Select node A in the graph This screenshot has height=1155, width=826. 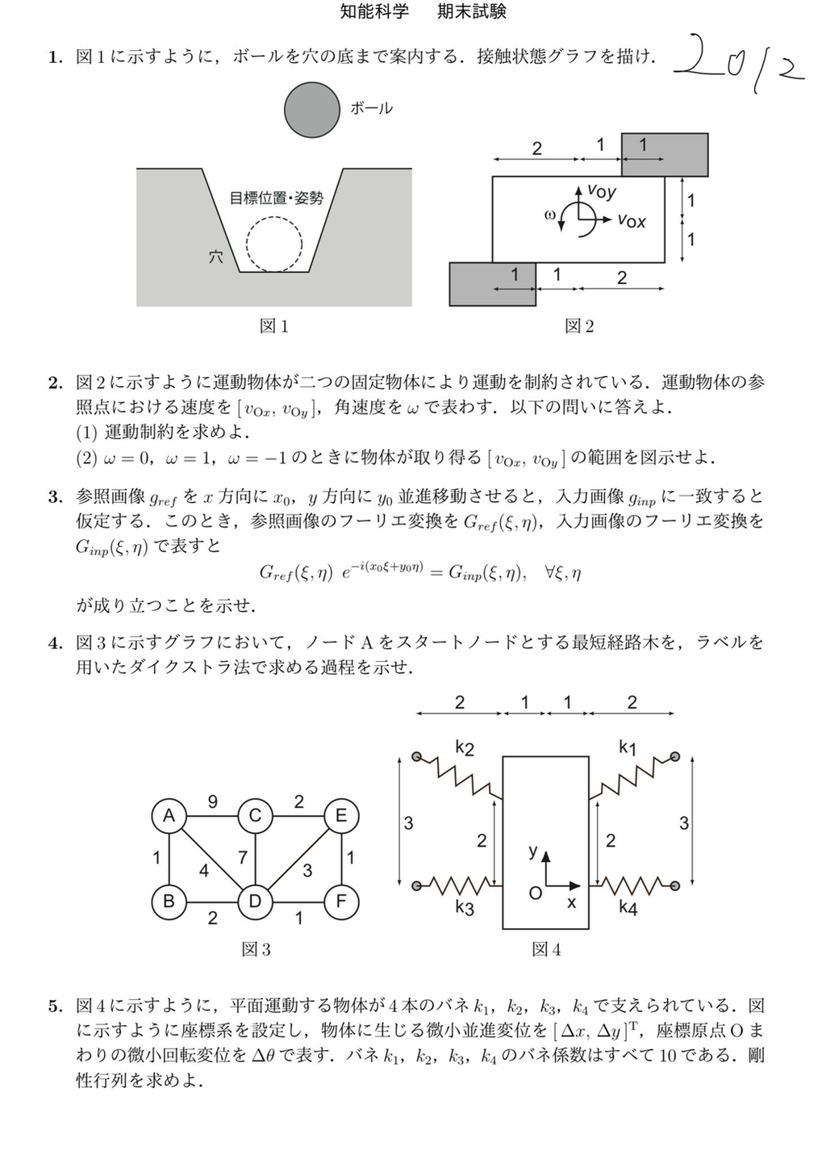[169, 816]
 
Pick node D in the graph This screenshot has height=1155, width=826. [255, 901]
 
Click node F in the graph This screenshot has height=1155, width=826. [340, 901]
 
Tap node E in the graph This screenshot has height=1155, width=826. [340, 816]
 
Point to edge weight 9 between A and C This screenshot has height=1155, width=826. [212, 801]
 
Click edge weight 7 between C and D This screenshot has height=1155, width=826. [242, 856]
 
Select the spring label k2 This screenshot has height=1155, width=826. [465, 747]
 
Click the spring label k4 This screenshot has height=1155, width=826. [628, 908]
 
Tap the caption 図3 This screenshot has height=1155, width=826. [257, 949]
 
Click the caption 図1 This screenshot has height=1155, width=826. [273, 325]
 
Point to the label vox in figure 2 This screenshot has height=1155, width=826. [632, 220]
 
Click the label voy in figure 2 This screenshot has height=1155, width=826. [602, 191]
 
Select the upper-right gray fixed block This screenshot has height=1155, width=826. [665, 154]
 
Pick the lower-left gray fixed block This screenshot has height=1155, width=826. [492, 285]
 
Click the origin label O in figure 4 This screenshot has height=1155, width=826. [534, 893]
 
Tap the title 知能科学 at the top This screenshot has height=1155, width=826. [374, 11]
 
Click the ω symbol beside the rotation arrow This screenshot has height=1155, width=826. [550, 215]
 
